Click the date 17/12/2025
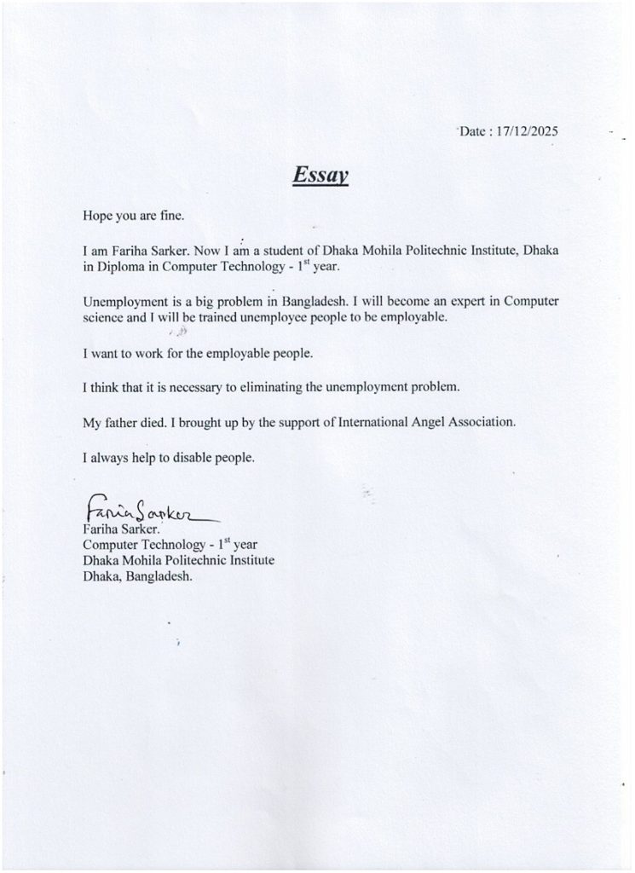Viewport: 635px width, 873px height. [522, 132]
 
